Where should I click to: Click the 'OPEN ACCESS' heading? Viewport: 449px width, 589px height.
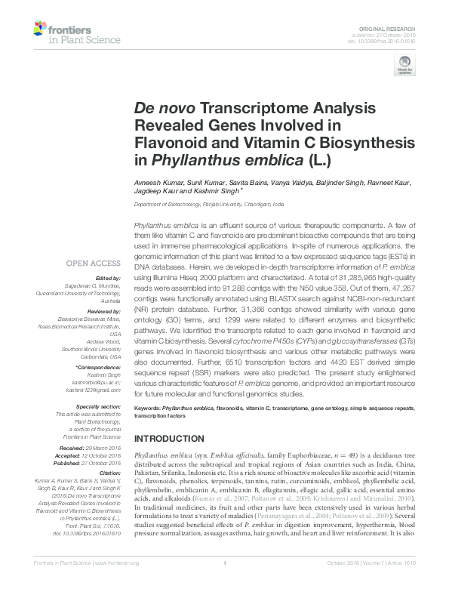coord(93,264)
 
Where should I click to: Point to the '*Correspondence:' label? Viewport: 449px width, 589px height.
coord(100,366)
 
